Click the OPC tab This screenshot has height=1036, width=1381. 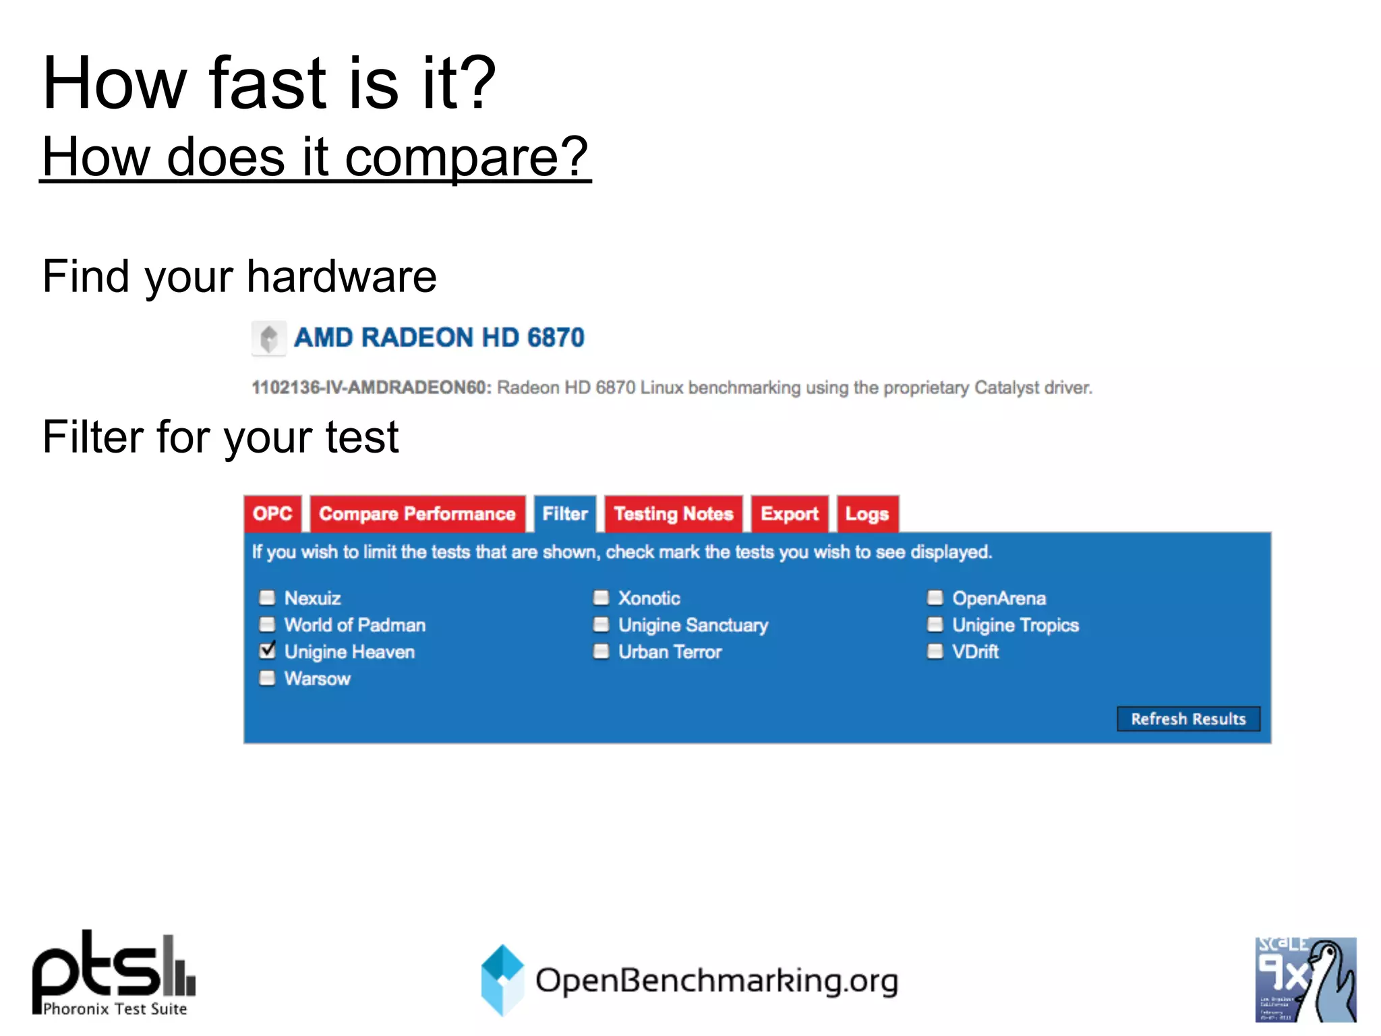coord(272,514)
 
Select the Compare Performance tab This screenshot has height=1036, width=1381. coord(417,514)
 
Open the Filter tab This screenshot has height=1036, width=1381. coord(565,514)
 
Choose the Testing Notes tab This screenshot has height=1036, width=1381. coord(673,514)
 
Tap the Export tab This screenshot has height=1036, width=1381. coord(789,514)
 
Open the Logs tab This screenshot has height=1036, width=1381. coord(867,514)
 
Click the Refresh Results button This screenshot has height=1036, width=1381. coord(1188,719)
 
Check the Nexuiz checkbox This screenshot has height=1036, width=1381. coord(268,598)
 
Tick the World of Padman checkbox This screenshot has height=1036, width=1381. coord(268,625)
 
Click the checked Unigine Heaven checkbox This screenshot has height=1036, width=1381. coord(268,651)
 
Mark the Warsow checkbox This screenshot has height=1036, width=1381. coord(268,678)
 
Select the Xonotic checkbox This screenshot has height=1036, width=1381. coord(601,598)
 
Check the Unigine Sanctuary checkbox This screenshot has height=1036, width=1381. coord(601,625)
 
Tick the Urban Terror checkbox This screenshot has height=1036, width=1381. coord(601,652)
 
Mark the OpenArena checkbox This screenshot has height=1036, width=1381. coord(935,598)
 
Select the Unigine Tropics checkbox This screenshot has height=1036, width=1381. coord(935,625)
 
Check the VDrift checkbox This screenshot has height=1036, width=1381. coord(935,652)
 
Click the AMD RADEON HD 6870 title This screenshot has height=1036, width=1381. coord(439,338)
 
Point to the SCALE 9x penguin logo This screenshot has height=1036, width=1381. coord(1305,979)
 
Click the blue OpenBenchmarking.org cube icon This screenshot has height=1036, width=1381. coord(502,979)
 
